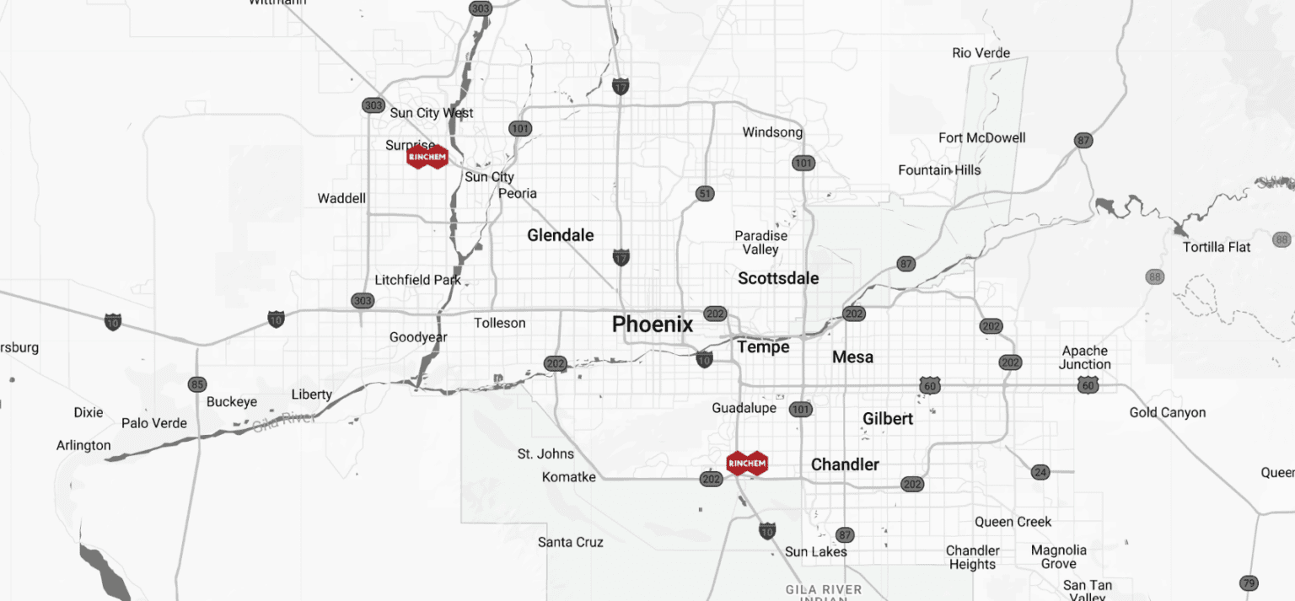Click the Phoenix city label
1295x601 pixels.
653,325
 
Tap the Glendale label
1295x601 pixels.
561,235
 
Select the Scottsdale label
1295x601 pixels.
778,278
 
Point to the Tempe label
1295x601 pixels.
763,346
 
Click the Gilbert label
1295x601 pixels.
888,419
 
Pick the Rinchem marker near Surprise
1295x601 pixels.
427,157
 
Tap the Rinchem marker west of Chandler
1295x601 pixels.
747,463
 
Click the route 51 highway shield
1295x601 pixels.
705,194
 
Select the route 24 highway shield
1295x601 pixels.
1040,472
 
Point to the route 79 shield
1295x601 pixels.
1249,582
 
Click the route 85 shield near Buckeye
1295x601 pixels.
197,384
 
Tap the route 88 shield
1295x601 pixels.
1155,276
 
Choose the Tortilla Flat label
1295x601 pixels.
1217,247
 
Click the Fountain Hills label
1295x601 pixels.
939,170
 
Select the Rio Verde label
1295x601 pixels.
981,53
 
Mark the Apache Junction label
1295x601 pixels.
1085,357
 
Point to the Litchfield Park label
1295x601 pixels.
417,280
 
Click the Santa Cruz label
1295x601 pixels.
571,542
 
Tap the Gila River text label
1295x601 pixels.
283,421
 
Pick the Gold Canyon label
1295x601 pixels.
1168,412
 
